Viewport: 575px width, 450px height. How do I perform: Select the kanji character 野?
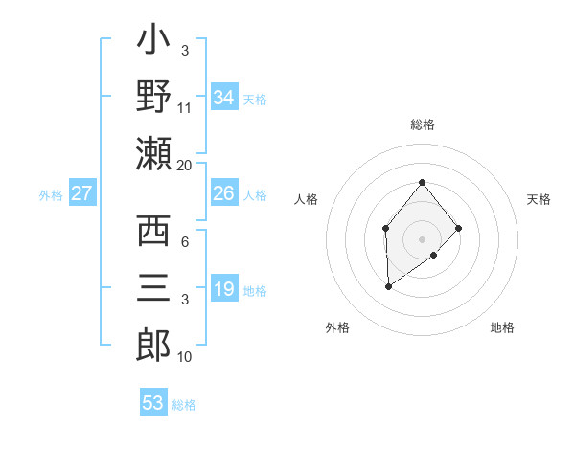pos(153,96)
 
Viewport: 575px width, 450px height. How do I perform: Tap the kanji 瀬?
pos(153,153)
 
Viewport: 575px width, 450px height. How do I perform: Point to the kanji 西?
pos(153,231)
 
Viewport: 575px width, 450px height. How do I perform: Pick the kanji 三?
pos(153,287)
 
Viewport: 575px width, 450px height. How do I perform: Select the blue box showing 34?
pos(223,97)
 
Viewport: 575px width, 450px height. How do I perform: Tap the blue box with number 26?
pos(223,193)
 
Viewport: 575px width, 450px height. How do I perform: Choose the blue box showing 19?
pos(223,289)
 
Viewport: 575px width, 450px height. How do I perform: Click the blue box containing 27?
pos(82,193)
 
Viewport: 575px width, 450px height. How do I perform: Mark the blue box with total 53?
pos(153,402)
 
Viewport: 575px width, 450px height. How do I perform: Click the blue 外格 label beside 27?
pos(51,194)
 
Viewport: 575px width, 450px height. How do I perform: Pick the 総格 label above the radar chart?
pos(422,125)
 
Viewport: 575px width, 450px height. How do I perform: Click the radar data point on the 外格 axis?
pos(388,286)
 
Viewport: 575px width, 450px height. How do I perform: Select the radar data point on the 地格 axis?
pos(434,255)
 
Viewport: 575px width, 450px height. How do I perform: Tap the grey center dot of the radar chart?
pos(422,238)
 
